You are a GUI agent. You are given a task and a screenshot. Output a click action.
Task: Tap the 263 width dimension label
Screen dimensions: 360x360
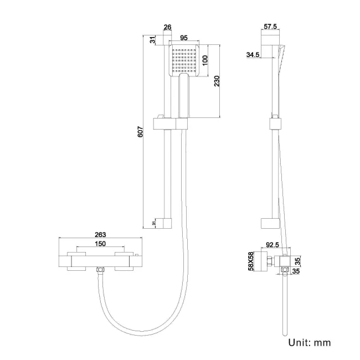click(100, 235)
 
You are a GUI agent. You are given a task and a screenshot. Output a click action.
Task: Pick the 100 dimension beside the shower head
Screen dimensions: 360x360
click(204, 60)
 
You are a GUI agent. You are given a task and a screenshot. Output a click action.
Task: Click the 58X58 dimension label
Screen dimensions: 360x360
click(250, 261)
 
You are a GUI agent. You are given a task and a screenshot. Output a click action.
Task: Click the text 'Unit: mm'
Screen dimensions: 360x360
click(309, 342)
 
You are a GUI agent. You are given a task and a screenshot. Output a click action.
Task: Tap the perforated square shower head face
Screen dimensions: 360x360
click(185, 60)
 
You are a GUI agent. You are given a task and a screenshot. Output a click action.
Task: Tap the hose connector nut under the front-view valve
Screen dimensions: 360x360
click(100, 270)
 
